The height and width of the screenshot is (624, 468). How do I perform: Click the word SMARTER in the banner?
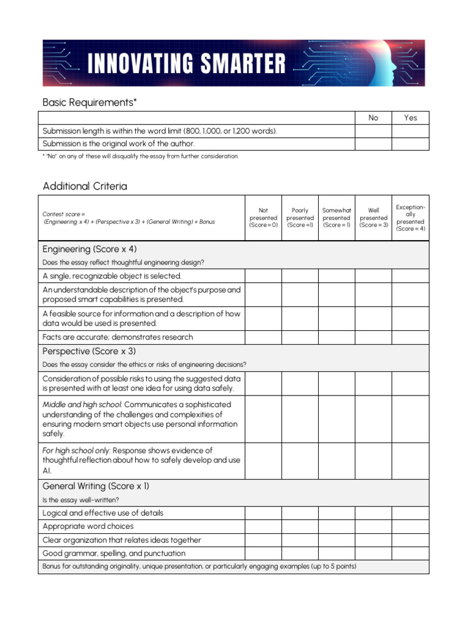point(241,63)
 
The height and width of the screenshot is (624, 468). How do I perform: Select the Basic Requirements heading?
point(90,102)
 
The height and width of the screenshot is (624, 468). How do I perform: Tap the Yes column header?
point(410,118)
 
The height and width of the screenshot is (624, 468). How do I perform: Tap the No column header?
point(373,118)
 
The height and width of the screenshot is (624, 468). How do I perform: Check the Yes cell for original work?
point(410,144)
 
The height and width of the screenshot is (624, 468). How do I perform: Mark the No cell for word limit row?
point(373,131)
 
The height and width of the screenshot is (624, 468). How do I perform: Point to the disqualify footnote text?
point(141,156)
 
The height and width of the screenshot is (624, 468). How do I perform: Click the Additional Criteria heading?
point(85,186)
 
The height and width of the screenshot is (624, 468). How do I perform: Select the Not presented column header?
point(263,218)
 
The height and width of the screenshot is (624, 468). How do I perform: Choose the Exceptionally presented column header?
point(410,218)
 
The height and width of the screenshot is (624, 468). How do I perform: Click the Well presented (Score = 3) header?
point(374,218)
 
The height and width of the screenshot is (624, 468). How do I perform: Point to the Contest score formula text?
point(129,218)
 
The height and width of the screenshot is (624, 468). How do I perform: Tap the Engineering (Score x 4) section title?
point(89,249)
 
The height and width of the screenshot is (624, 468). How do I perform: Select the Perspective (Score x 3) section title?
point(89,352)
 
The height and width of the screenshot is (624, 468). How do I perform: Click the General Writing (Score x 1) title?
point(96,486)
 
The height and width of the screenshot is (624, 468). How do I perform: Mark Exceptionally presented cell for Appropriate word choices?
point(410,526)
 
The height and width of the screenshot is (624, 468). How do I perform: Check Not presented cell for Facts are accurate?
point(263,337)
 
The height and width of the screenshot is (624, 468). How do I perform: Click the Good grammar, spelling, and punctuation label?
point(114,553)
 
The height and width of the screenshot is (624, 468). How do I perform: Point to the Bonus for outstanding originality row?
point(199,567)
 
